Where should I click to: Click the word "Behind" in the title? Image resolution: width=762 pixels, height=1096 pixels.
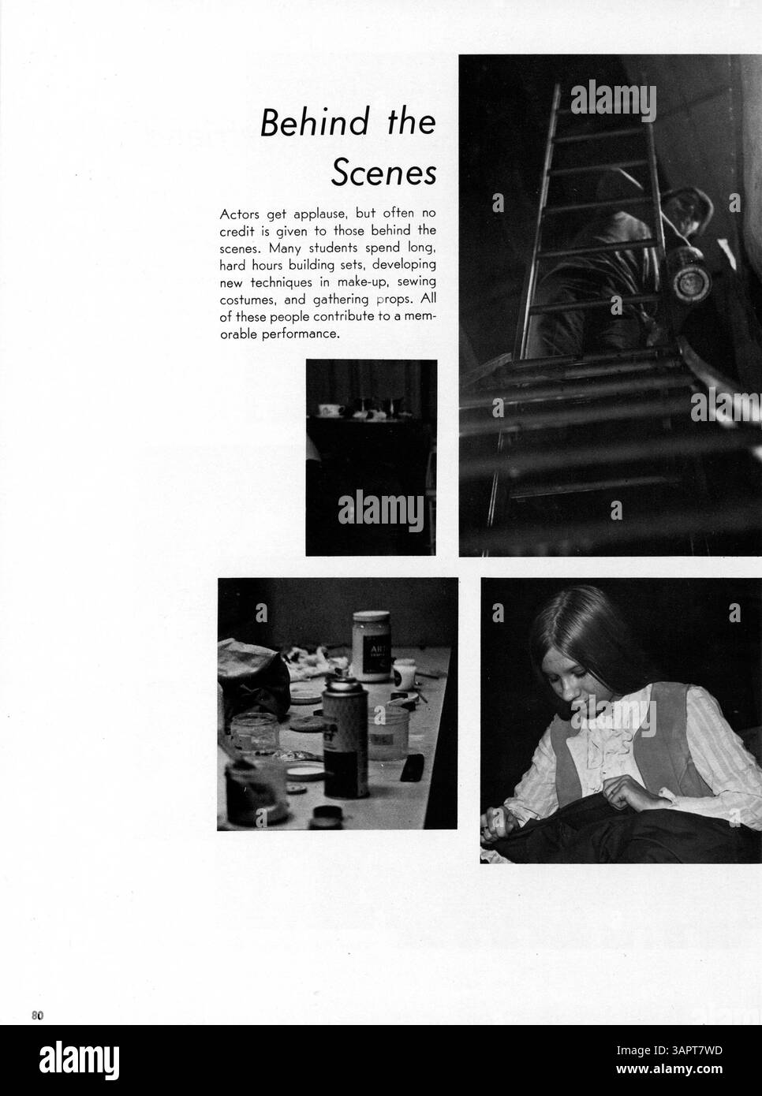(x=315, y=122)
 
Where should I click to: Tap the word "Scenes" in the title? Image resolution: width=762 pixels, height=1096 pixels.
(x=383, y=173)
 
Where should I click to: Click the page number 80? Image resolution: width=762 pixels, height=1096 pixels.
(x=37, y=1015)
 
